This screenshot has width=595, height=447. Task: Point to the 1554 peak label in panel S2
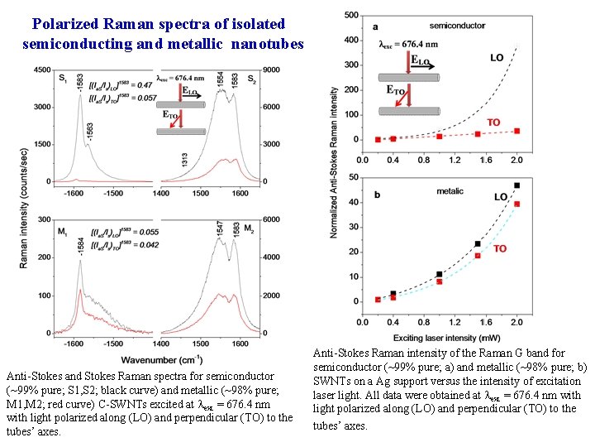coord(219,80)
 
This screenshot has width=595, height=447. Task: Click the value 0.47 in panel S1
coord(143,85)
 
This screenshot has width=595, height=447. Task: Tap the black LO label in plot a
coord(497,58)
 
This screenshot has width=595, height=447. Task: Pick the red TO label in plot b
coord(500,249)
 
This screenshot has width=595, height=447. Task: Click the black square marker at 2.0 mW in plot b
coord(517,185)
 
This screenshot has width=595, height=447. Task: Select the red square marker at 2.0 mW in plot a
coord(517,131)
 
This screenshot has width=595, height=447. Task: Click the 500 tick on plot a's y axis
coord(350,15)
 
